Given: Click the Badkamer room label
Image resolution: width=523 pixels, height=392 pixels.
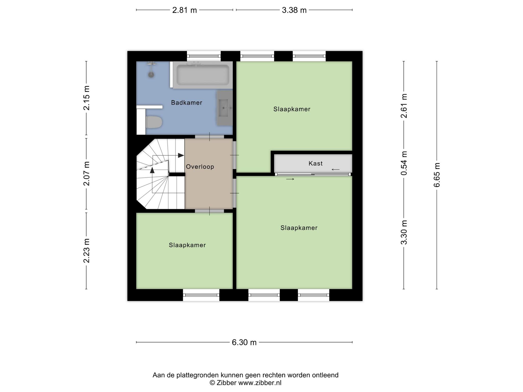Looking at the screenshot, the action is [186, 103].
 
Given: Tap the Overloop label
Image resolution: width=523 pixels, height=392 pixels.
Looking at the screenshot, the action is [200, 167].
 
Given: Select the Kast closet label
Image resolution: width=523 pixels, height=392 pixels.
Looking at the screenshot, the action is [315, 163].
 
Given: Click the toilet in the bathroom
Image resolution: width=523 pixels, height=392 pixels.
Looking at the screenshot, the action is [154, 122].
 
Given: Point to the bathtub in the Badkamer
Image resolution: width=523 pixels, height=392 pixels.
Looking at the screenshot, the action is [203, 75].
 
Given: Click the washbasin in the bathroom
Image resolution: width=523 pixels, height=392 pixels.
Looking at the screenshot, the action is [225, 108].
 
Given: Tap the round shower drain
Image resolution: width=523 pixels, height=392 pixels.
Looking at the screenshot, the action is [151, 75].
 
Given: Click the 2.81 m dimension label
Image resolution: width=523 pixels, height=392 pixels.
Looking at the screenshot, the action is [185, 10].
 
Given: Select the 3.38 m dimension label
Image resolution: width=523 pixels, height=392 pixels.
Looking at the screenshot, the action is [294, 10].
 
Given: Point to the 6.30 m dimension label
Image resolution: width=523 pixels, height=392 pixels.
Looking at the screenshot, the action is [244, 342].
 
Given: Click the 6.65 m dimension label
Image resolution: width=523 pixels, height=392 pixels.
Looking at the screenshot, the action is [437, 175].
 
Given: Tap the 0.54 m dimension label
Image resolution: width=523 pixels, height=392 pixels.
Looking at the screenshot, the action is [404, 163].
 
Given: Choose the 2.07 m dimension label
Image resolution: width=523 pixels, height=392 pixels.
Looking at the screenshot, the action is [87, 174].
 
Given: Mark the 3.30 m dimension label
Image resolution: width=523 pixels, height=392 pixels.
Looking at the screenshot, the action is [404, 232].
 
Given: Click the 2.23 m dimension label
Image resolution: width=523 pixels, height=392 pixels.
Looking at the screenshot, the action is [87, 251].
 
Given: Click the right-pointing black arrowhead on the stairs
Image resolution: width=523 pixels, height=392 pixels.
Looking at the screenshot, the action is [181, 155].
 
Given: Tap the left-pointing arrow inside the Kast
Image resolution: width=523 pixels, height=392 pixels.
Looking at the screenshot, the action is [336, 169].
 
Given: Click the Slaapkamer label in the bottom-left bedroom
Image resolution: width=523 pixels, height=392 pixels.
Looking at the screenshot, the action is [187, 245].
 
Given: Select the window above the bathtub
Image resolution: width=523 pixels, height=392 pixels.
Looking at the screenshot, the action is [204, 56].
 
